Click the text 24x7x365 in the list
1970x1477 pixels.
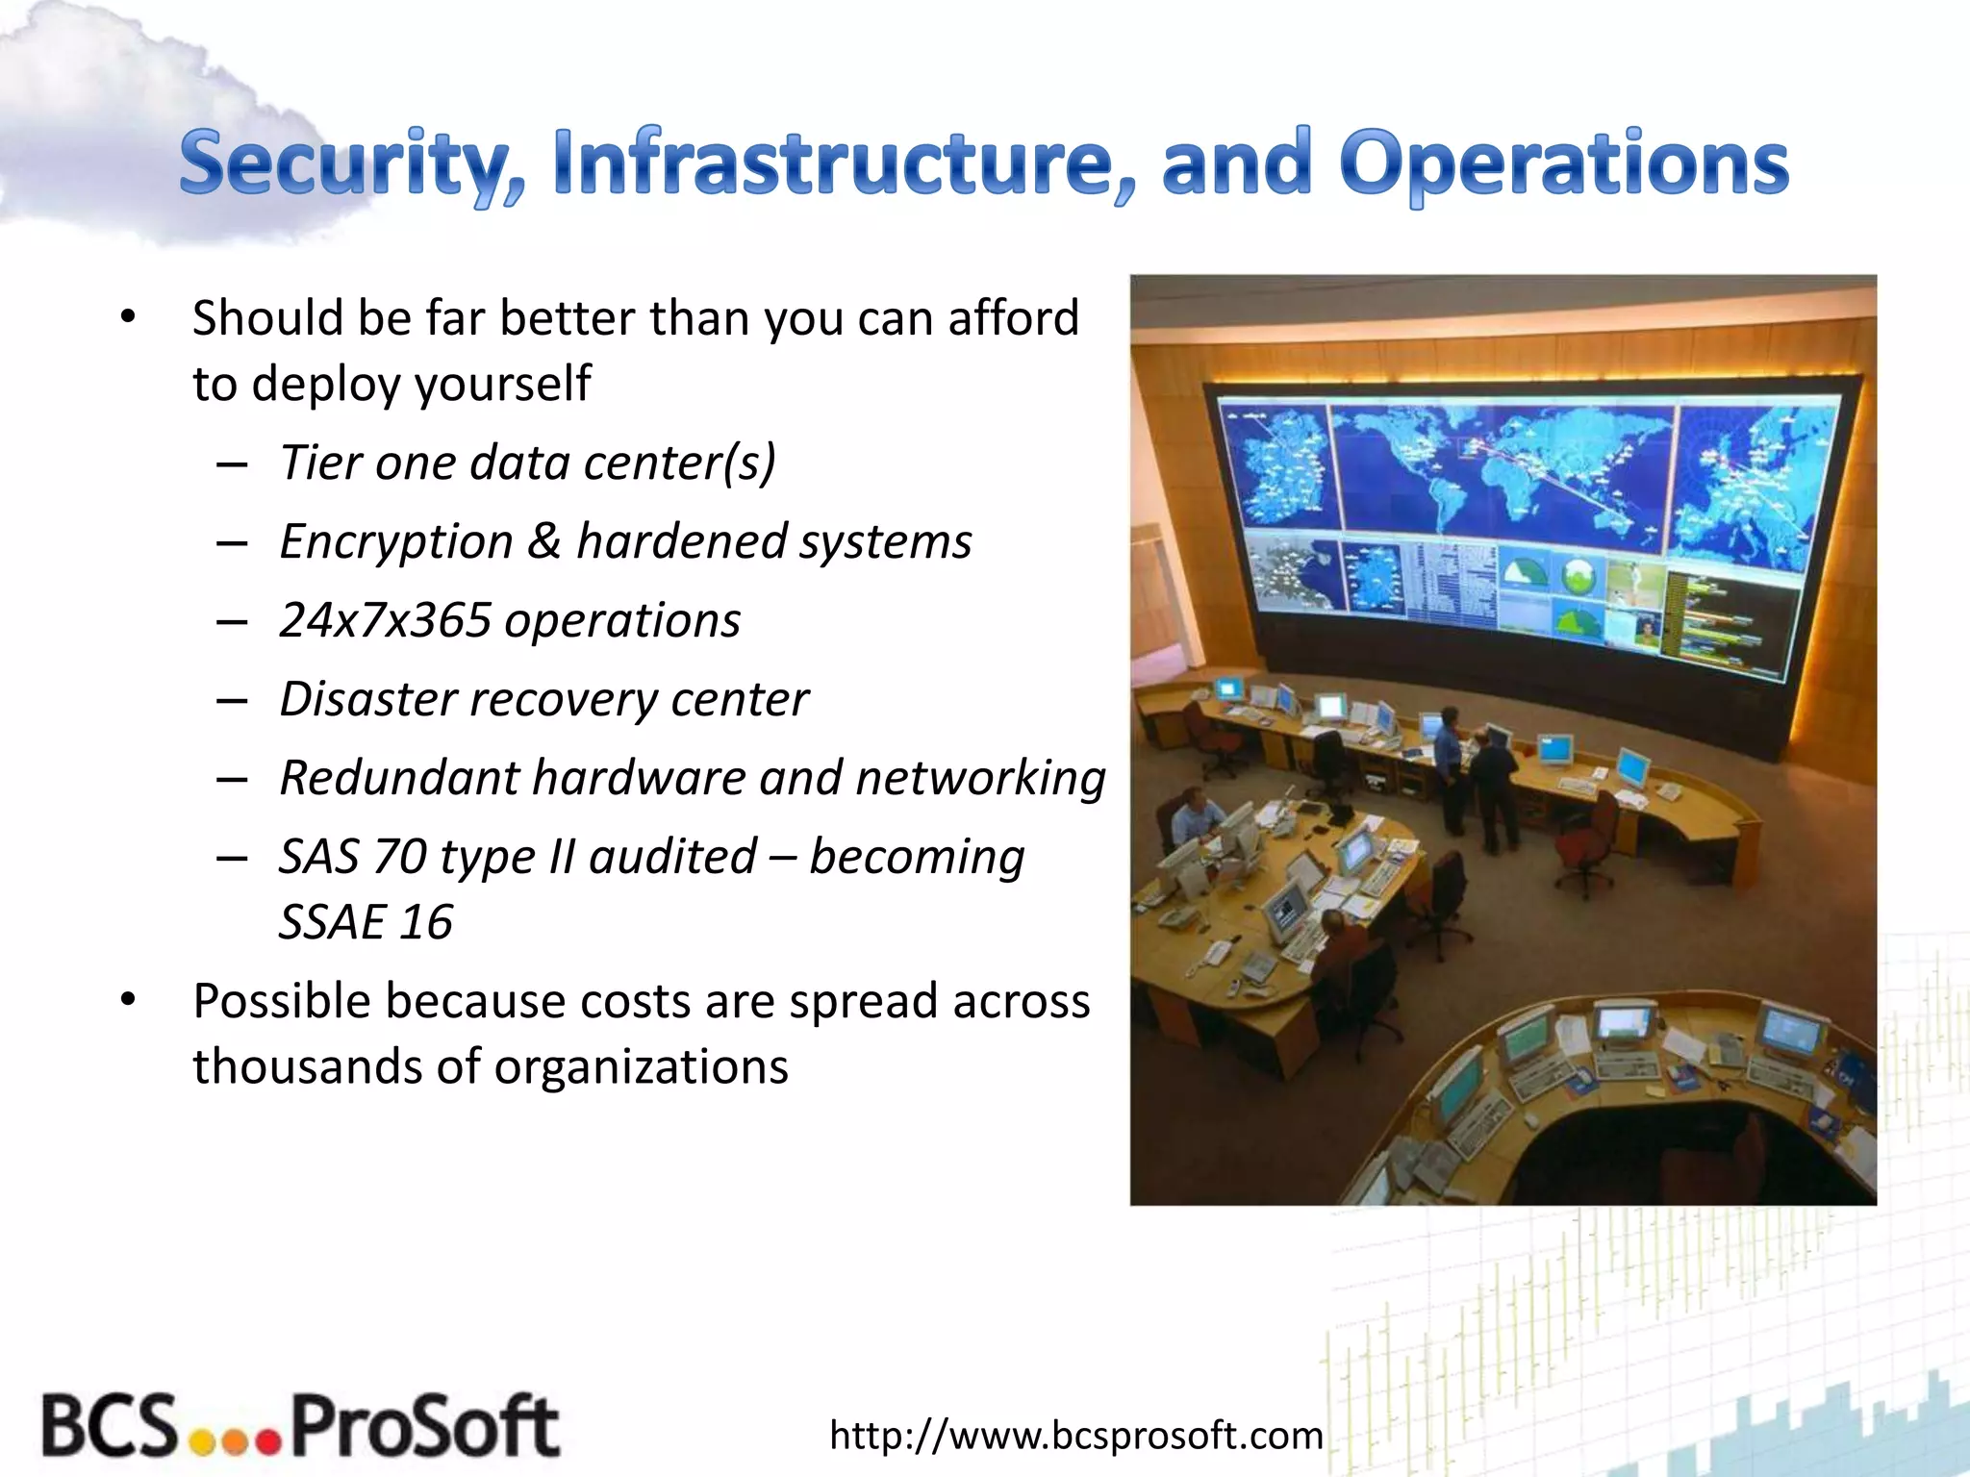click(x=386, y=620)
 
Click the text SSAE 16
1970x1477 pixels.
click(x=366, y=922)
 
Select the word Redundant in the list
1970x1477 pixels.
click(x=398, y=777)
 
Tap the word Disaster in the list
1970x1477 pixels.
click(x=366, y=699)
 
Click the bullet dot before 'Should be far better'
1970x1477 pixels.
click(x=128, y=317)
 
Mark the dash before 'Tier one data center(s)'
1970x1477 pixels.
click(x=232, y=464)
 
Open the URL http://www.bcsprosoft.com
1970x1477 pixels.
click(x=1075, y=1435)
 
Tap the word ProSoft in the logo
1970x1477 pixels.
click(x=424, y=1427)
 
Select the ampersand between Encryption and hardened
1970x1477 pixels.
click(x=544, y=541)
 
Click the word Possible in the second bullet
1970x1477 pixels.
click(x=281, y=1001)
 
